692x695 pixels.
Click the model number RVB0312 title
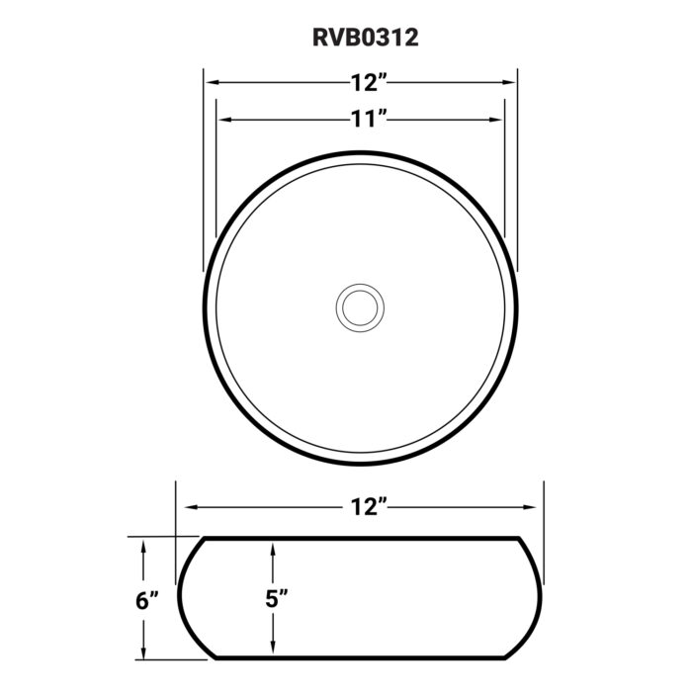point(359,38)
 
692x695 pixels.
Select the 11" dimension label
point(366,120)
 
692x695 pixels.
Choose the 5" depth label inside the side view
point(278,598)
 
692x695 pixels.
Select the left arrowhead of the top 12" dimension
point(212,84)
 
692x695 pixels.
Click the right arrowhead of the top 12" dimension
point(510,84)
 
